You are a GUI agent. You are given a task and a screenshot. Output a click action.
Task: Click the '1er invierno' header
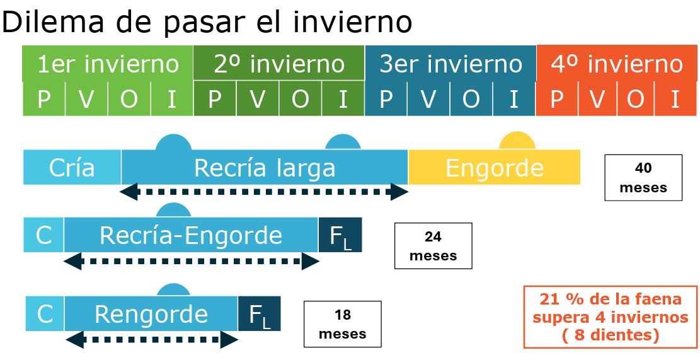click(x=108, y=64)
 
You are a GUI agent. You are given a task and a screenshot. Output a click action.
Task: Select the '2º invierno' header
click(x=279, y=63)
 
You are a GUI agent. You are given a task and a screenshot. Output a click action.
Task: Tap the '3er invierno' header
click(x=450, y=64)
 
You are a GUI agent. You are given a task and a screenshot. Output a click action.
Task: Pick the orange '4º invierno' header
click(x=617, y=64)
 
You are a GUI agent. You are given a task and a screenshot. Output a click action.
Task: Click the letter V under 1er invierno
click(x=86, y=99)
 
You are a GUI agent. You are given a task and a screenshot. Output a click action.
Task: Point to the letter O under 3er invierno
click(x=471, y=99)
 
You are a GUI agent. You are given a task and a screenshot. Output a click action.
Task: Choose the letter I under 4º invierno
click(x=675, y=99)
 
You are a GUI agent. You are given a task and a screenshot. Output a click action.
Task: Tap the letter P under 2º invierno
click(x=215, y=99)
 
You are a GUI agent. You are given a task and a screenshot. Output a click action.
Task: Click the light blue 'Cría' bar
click(x=72, y=168)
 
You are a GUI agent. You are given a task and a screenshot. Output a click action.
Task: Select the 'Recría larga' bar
click(x=265, y=168)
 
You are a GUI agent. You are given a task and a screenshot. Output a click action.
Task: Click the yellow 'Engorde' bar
click(x=494, y=168)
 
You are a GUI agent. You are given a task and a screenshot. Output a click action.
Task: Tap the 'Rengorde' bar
click(x=151, y=313)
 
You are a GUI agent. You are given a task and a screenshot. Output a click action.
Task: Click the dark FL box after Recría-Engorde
click(x=340, y=235)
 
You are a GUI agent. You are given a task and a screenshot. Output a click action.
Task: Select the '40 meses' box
click(x=643, y=177)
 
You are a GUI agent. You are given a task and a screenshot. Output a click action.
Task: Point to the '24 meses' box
click(x=433, y=246)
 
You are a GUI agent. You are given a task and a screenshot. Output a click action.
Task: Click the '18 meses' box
click(x=342, y=324)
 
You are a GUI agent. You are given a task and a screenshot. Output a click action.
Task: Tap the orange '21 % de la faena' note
click(x=611, y=316)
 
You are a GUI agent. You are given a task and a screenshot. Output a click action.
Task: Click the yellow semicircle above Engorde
click(x=517, y=141)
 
